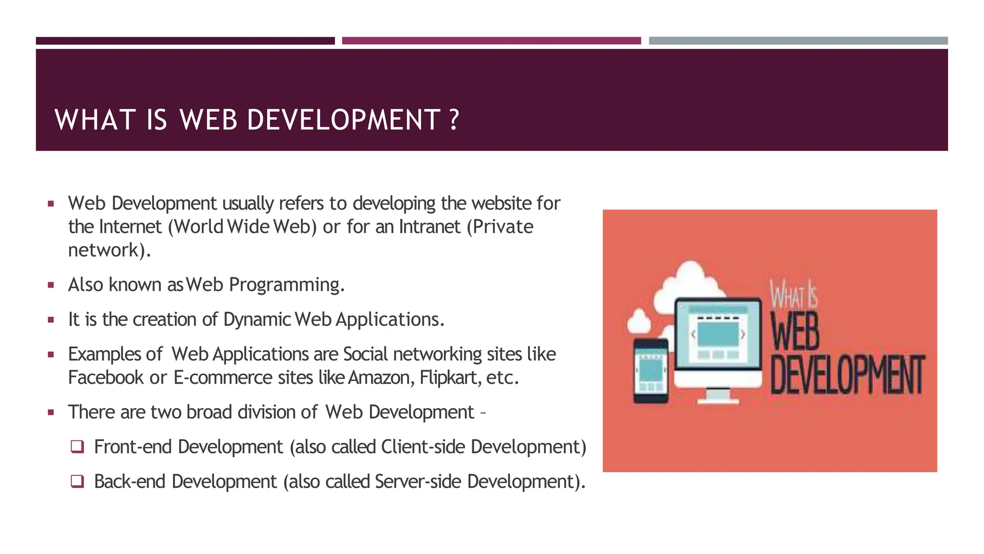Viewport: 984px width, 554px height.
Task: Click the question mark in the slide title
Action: coord(454,120)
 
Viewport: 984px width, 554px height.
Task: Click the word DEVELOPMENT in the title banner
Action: coord(343,120)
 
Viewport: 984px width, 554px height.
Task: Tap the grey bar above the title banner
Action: coord(798,41)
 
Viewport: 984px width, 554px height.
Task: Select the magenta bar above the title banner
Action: coord(491,41)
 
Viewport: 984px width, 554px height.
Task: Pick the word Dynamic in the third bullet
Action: coord(257,320)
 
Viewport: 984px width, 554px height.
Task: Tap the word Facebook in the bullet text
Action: coord(106,378)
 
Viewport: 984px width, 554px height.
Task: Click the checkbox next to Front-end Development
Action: coord(77,447)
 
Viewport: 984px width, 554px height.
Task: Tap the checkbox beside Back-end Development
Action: coord(77,481)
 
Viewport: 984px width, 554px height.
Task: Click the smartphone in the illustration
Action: coord(651,370)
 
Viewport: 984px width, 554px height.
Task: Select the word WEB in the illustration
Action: coord(795,332)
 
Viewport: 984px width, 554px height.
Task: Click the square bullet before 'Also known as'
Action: coord(51,285)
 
